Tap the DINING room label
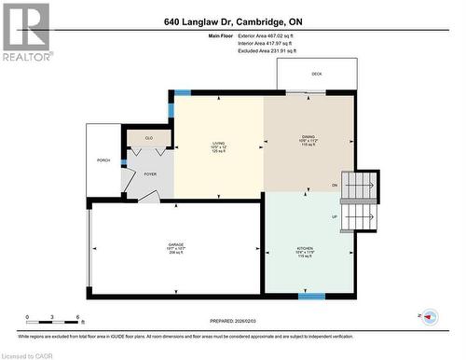[x=308, y=141]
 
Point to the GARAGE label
[x=175, y=245]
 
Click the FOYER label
[x=150, y=173]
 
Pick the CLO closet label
[x=149, y=138]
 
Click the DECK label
[x=317, y=73]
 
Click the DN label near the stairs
[x=335, y=186]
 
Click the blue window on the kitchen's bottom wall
[x=311, y=296]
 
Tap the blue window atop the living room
[x=183, y=92]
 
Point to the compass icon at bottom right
[x=430, y=317]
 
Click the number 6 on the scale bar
[x=77, y=317]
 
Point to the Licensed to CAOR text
[x=30, y=353]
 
